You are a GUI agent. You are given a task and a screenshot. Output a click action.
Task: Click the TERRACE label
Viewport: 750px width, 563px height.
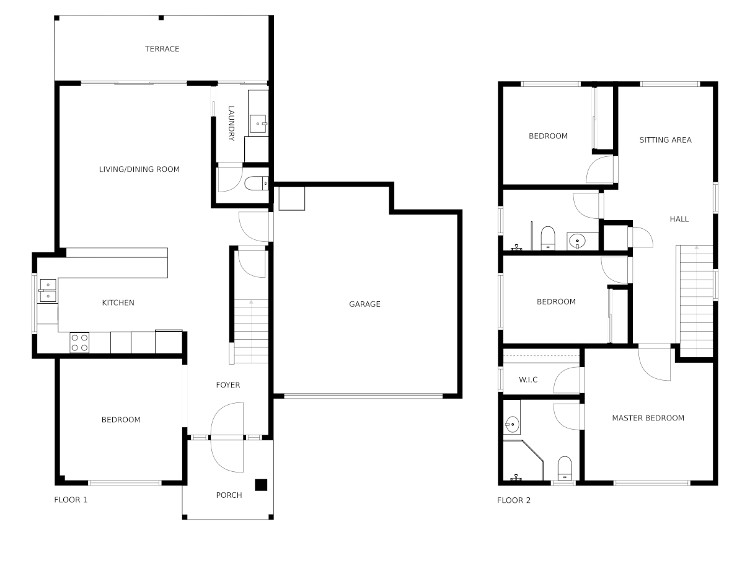coord(162,49)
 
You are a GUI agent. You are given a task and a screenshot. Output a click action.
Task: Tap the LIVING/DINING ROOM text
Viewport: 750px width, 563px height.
coord(139,169)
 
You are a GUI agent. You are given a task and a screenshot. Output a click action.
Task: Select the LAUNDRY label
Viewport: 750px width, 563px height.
coord(231,123)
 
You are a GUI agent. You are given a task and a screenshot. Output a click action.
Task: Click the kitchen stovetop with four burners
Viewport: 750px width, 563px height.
coord(79,342)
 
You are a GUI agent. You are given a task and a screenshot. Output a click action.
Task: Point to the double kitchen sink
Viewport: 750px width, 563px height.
coord(48,291)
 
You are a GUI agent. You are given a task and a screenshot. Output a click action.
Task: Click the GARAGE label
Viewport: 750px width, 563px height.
coord(364,304)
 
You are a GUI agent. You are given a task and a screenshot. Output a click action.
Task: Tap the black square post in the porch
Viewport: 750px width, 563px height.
coord(261,485)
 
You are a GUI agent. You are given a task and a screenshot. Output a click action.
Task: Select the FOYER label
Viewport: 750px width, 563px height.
coord(228,385)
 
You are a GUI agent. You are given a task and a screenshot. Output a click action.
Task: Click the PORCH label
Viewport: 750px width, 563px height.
coord(229,495)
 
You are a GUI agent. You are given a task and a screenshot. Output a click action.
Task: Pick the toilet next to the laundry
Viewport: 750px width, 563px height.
coord(257,183)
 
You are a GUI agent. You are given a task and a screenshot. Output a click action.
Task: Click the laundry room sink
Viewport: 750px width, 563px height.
coord(258,124)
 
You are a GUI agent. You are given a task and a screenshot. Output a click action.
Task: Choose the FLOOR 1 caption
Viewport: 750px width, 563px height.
coord(71,500)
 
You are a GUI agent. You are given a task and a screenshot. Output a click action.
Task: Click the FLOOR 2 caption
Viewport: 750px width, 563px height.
coord(514,500)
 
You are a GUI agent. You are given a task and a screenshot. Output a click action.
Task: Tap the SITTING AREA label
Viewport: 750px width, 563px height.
coord(665,140)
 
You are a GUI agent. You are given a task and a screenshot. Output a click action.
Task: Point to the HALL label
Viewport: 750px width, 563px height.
coord(679,219)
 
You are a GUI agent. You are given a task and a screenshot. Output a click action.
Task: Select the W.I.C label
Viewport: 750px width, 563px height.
coord(528,379)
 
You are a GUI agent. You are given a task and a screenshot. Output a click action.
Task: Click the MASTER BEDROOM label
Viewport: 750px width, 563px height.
coord(648,418)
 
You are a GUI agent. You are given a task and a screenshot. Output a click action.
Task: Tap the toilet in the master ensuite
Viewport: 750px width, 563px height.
coord(565,468)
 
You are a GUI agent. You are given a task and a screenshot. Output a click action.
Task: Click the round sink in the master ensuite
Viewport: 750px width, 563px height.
coord(513,425)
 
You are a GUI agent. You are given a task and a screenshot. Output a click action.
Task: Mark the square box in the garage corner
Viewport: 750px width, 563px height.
coord(291,198)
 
